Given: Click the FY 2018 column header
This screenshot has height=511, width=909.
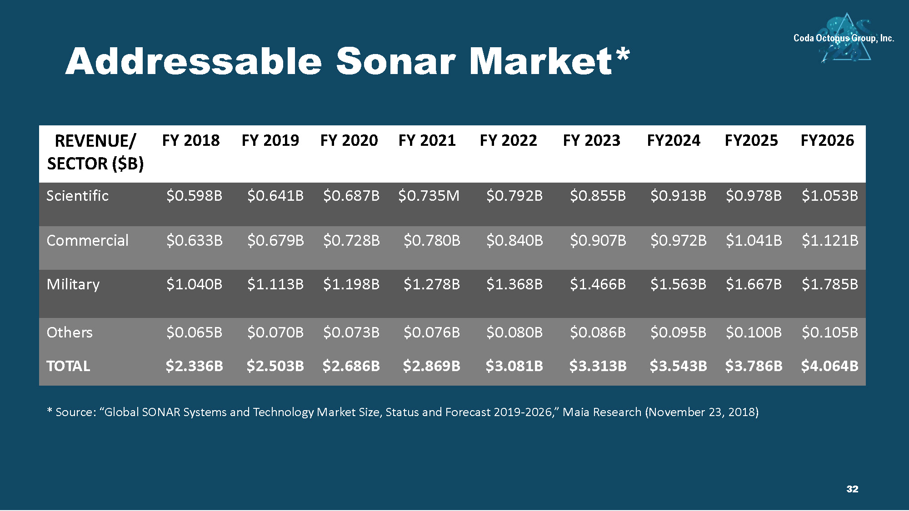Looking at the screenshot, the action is (x=191, y=140).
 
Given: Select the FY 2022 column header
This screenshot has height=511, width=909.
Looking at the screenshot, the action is (x=509, y=140).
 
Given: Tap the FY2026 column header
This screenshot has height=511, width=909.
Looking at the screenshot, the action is (x=827, y=140).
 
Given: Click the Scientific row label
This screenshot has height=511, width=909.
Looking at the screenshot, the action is (x=78, y=196).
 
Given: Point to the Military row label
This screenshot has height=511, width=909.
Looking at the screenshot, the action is (x=73, y=285).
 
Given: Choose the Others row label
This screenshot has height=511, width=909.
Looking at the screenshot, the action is (x=70, y=332).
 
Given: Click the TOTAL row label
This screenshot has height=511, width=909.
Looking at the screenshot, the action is (x=68, y=366).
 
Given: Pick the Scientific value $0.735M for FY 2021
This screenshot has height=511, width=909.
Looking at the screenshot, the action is (x=429, y=196).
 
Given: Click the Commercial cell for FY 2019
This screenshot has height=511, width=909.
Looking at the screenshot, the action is (x=275, y=240).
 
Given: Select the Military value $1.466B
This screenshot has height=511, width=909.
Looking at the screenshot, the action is (x=598, y=284).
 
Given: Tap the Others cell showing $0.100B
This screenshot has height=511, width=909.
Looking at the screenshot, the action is (x=754, y=332).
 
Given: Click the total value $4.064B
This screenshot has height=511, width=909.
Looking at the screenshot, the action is (x=830, y=366).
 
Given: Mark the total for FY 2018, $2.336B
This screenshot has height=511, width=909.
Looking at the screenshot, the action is (x=195, y=366).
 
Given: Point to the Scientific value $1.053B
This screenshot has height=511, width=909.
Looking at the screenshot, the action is (x=830, y=196).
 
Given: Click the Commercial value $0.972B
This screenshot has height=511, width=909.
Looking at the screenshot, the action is (x=679, y=240).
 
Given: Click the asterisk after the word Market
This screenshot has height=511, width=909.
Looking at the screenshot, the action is (x=623, y=54).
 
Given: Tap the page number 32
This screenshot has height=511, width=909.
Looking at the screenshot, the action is (x=852, y=489).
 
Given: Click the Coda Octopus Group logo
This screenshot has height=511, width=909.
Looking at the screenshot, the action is (x=844, y=38).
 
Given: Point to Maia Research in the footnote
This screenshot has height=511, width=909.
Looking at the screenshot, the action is (x=602, y=412).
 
